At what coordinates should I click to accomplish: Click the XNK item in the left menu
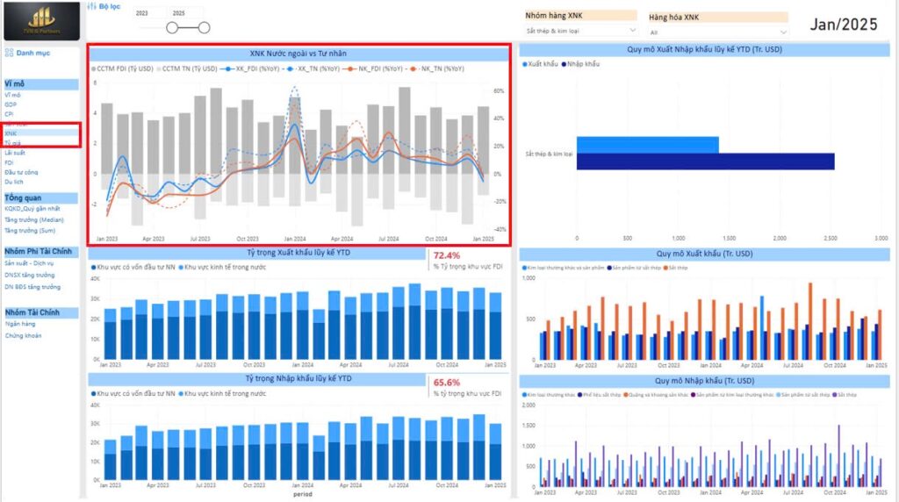(x=11, y=133)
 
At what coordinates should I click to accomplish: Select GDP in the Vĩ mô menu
(x=10, y=104)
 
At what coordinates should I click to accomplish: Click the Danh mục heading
(x=32, y=54)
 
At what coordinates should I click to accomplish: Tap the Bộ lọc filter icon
(x=92, y=6)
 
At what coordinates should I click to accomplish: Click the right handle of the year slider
(x=204, y=27)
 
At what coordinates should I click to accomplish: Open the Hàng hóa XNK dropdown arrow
(x=782, y=32)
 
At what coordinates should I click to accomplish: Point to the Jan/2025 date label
(x=843, y=25)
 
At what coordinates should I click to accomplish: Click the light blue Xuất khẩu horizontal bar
(x=647, y=144)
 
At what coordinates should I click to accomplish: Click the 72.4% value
(x=446, y=255)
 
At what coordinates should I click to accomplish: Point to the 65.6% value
(x=446, y=383)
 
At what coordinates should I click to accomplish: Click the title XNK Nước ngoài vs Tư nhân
(x=298, y=54)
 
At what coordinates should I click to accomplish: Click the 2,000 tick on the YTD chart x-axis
(x=779, y=238)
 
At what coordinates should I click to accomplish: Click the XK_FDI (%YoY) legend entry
(x=254, y=68)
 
